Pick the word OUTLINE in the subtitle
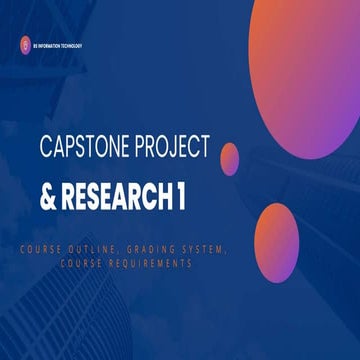(122, 249)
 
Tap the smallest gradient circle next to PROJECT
(229, 157)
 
